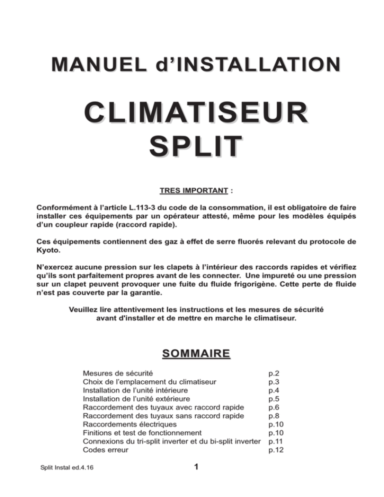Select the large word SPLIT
[192, 146]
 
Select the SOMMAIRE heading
[191, 354]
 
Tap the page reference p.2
[273, 373]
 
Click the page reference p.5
[273, 398]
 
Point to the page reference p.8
[273, 415]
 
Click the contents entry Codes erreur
[105, 449]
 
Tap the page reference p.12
[275, 449]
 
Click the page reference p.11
[275, 441]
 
